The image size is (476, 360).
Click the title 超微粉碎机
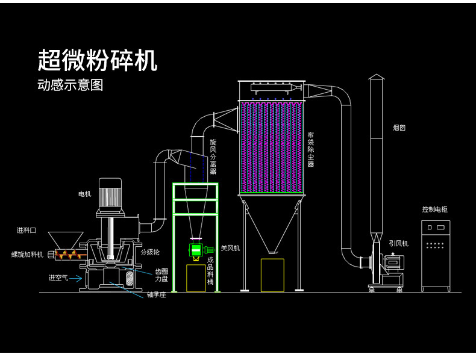click(98, 61)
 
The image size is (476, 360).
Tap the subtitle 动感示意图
click(70, 85)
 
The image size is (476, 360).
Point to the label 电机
click(84, 194)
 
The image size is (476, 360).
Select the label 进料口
click(27, 230)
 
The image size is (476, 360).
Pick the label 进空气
click(58, 278)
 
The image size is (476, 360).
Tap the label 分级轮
click(150, 252)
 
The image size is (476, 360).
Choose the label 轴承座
click(156, 294)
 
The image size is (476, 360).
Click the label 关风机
click(230, 248)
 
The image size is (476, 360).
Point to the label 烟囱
click(399, 128)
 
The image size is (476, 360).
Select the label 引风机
click(398, 243)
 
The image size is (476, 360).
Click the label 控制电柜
click(434, 209)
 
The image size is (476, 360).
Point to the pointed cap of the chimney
click(376, 76)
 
